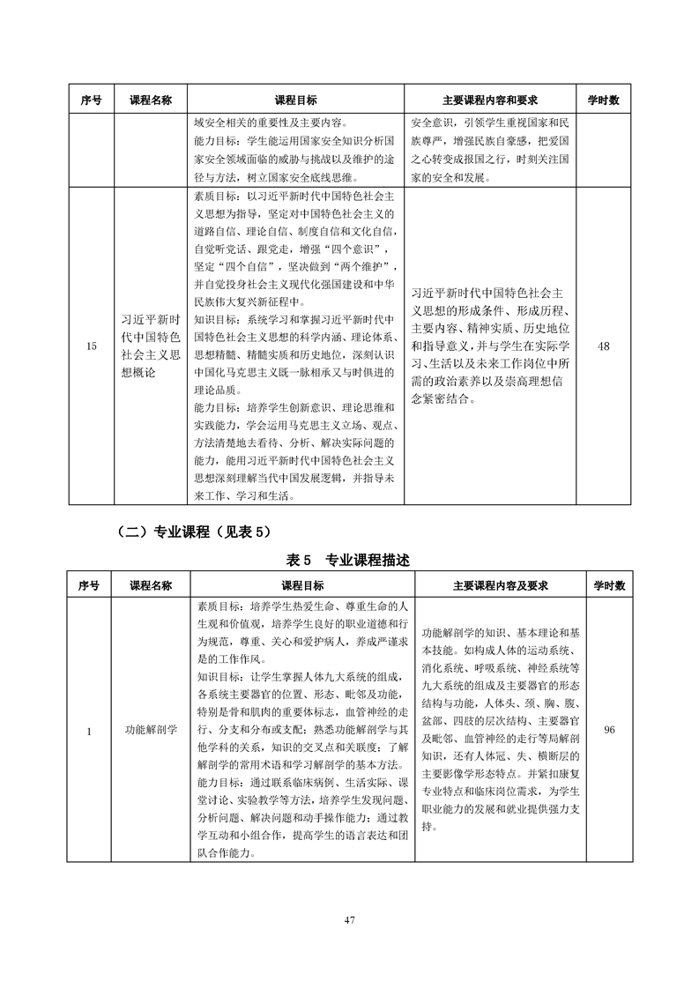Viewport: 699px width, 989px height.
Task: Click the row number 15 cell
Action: (x=92, y=347)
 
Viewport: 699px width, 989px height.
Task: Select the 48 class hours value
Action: (x=603, y=347)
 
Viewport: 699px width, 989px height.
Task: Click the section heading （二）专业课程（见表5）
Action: (x=190, y=532)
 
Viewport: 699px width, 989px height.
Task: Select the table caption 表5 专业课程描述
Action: (x=350, y=561)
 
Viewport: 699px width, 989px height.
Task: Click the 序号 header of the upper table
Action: (x=92, y=100)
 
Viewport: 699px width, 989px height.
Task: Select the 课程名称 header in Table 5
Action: (x=151, y=585)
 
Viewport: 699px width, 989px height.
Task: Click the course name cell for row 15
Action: (x=150, y=347)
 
